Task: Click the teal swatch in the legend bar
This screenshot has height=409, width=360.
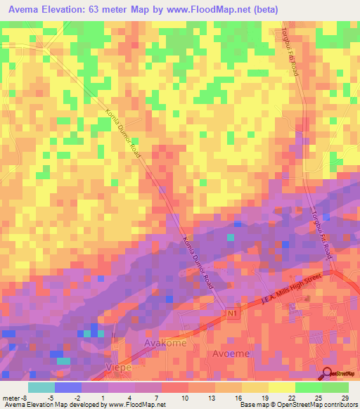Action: pos(41,387)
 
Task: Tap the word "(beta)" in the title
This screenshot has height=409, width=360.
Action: pos(264,10)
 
